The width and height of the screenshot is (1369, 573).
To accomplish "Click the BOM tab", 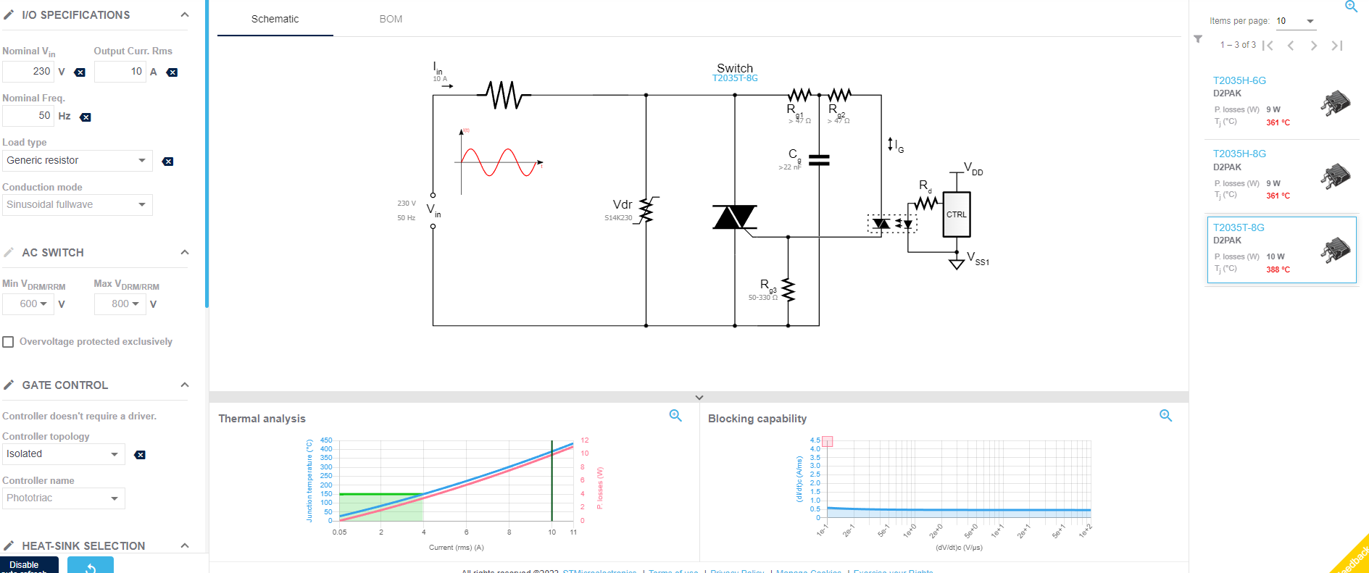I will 391,19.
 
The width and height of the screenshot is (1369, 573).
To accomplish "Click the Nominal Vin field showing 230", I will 29,72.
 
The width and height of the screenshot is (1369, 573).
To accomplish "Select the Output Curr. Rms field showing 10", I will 120,72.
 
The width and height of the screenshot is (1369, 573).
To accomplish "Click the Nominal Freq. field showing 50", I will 29,116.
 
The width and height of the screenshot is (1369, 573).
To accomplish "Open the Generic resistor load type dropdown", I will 76,161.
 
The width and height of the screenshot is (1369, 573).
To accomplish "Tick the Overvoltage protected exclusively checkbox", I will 9,342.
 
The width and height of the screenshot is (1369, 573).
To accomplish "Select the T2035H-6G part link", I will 1239,80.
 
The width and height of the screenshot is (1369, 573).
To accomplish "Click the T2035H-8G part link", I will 1239,154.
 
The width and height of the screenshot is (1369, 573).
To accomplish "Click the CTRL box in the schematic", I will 956,214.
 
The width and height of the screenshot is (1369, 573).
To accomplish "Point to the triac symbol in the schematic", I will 734,217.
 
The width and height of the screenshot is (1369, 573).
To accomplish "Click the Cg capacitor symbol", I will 819,160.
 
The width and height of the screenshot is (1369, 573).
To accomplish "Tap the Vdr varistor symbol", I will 646,210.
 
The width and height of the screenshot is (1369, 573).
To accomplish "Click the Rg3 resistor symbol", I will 788,290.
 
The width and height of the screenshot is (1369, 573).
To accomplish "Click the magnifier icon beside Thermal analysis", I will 675,415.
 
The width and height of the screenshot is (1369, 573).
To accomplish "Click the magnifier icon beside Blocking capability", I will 1165,415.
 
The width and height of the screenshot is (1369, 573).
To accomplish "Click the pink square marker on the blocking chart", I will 828,441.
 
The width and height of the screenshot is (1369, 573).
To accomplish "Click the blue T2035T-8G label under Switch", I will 735,78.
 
